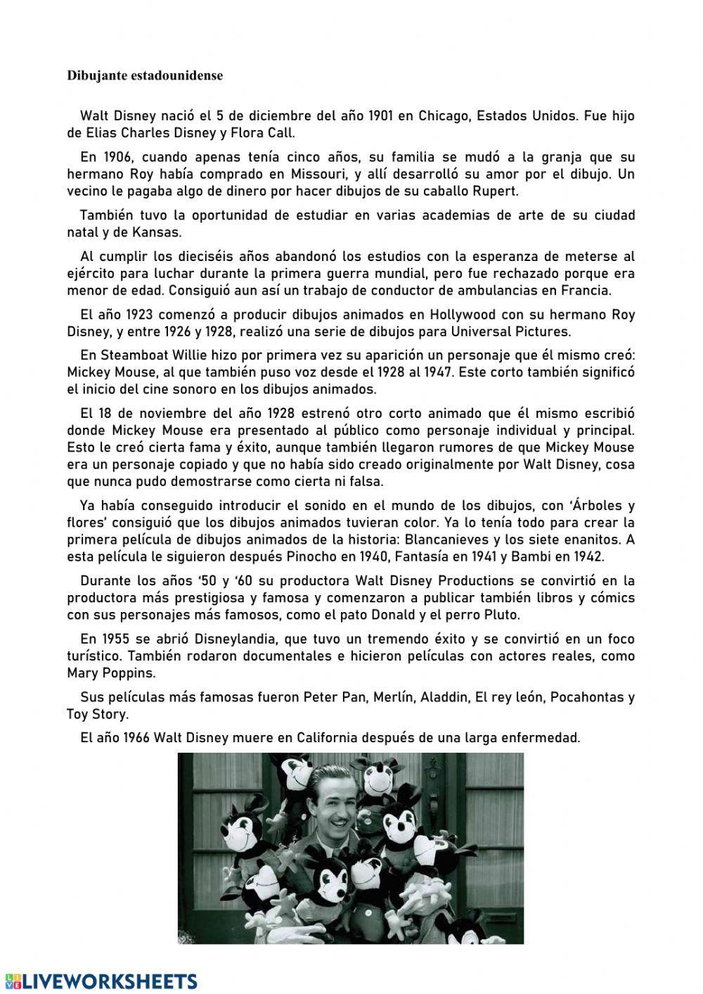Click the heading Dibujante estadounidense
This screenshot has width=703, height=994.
(144, 76)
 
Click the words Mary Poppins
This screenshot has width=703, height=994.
(101, 673)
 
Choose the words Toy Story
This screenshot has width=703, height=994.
(96, 714)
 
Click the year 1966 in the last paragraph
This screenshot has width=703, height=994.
(136, 739)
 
